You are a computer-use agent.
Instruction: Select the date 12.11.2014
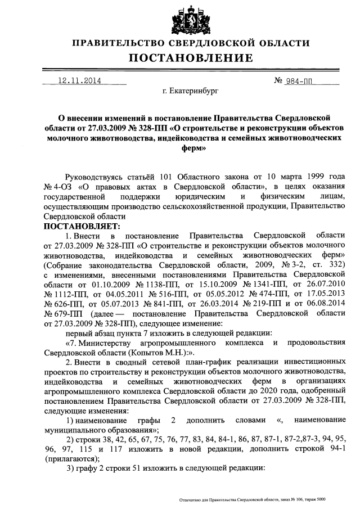point(79,80)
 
